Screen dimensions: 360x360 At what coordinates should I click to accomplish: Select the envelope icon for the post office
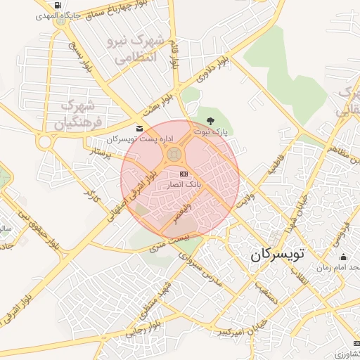point(139,128)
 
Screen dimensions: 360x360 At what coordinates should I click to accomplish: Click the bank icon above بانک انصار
point(184,173)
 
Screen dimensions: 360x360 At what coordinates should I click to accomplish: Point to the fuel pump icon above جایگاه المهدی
point(56,4)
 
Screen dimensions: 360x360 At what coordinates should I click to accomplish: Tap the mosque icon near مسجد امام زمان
point(343,257)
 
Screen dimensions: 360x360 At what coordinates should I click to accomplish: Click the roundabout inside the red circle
point(175,154)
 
